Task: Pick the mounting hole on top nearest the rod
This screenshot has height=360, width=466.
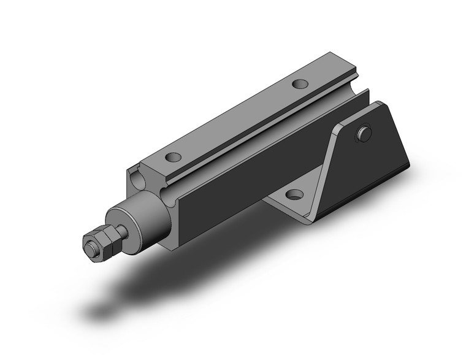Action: pyautogui.click(x=173, y=157)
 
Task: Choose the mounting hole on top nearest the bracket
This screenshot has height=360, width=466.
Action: pyautogui.click(x=300, y=83)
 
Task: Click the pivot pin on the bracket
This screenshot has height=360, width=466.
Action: pyautogui.click(x=364, y=134)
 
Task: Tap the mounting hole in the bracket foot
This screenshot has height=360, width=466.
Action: pyautogui.click(x=294, y=196)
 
